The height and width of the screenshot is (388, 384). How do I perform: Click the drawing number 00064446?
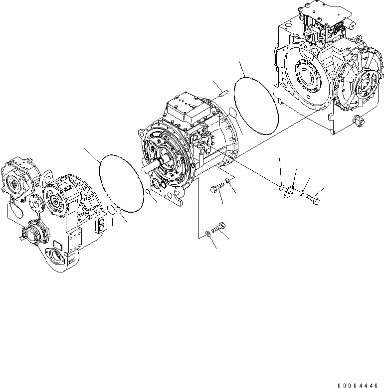(359, 386)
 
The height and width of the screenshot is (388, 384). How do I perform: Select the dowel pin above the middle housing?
(222, 92)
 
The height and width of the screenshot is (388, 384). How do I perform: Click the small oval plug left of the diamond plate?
(281, 187)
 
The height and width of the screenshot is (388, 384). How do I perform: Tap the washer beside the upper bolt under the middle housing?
(228, 180)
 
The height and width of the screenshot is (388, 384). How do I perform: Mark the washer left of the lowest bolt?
(207, 233)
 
